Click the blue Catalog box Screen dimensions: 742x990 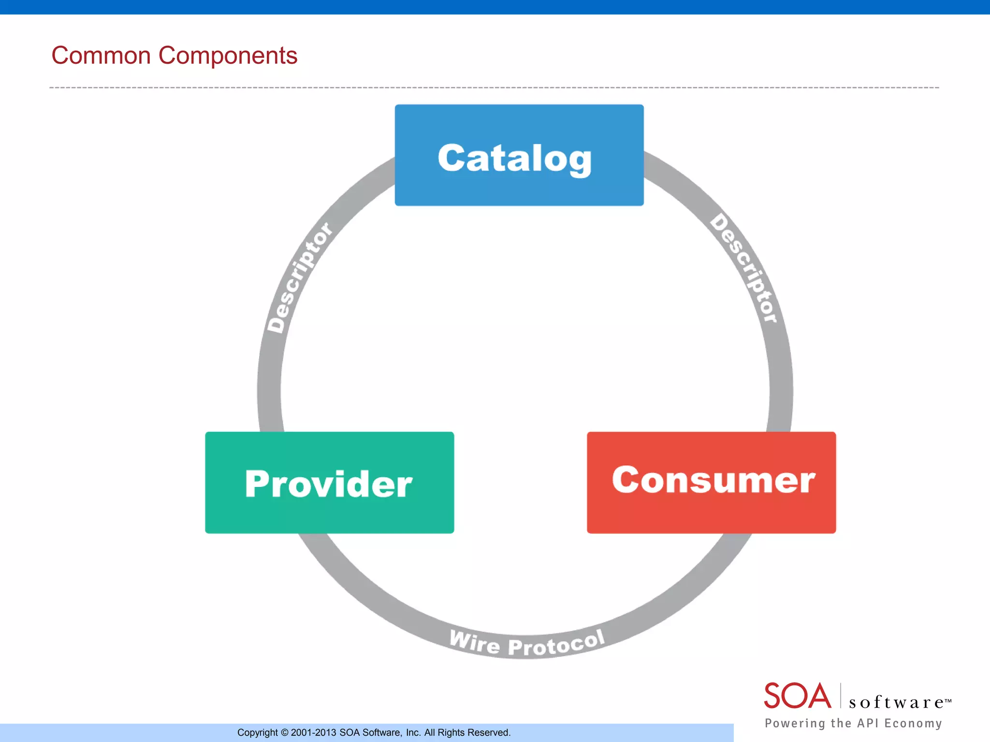[x=519, y=155]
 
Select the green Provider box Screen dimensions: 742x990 [x=329, y=483]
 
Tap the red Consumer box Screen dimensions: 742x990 [x=711, y=483]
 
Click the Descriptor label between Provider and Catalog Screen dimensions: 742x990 [x=299, y=278]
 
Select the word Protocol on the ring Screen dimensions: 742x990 [x=556, y=644]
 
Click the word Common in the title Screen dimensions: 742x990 [x=101, y=56]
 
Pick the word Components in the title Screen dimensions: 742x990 [x=228, y=56]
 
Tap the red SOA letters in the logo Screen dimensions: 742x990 [x=797, y=696]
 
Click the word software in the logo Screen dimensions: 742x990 [x=896, y=702]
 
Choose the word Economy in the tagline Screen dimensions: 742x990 [x=913, y=723]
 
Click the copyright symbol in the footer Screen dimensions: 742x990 [x=284, y=733]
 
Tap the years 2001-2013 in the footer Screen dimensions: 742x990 [x=313, y=733]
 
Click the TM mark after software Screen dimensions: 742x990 [x=948, y=700]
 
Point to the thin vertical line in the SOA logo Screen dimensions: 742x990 [x=841, y=696]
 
